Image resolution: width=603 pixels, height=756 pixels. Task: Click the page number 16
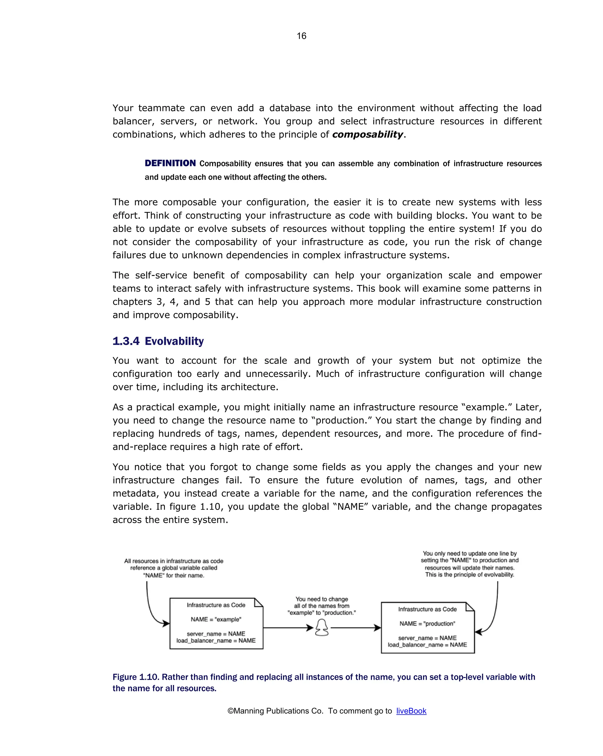[301, 36]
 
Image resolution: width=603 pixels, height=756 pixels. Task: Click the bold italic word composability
[367, 134]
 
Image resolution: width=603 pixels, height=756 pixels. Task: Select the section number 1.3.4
[126, 341]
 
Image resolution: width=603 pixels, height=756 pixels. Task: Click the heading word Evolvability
[174, 341]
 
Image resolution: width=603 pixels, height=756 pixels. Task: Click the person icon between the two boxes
[322, 627]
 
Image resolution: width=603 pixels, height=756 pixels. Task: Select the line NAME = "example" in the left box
[216, 619]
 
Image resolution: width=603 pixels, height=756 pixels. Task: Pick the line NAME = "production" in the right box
[427, 623]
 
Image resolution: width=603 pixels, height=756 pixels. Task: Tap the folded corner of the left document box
[259, 603]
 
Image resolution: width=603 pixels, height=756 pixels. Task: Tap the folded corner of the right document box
[470, 607]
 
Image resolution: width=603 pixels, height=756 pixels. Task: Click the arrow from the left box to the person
[287, 628]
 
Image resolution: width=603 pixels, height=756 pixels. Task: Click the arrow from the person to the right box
[356, 628]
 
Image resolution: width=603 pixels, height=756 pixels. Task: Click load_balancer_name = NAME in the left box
[216, 640]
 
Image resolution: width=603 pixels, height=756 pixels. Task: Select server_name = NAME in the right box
[427, 638]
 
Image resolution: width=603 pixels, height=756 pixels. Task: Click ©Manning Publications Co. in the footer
[275, 711]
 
